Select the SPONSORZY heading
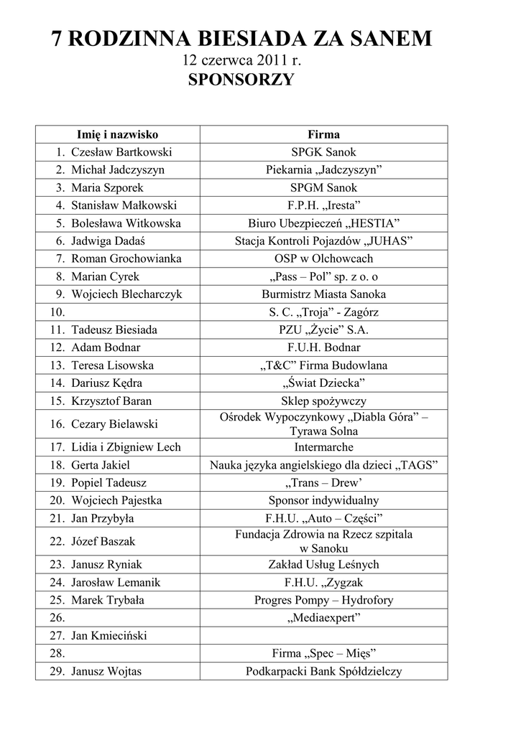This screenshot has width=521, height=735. pyautogui.click(x=241, y=80)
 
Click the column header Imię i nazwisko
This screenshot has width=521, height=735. pyautogui.click(x=118, y=134)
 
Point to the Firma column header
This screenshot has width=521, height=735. pyautogui.click(x=323, y=134)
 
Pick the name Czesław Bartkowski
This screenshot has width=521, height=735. pyautogui.click(x=121, y=152)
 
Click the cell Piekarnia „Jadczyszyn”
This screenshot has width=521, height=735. pyautogui.click(x=323, y=170)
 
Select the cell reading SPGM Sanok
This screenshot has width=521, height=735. pyautogui.click(x=323, y=188)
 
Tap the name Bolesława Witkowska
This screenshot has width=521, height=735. pyautogui.click(x=126, y=223)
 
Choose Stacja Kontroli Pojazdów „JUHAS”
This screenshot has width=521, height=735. pyautogui.click(x=323, y=241)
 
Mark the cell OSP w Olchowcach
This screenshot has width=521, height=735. pyautogui.click(x=323, y=259)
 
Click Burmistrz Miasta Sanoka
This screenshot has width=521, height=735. pyautogui.click(x=323, y=294)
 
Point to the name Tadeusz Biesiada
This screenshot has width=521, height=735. pyautogui.click(x=114, y=330)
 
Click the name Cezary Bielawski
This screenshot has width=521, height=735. pyautogui.click(x=115, y=424)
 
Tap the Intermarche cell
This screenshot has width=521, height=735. pyautogui.click(x=323, y=447)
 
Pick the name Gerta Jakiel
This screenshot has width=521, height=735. pyautogui.click(x=101, y=465)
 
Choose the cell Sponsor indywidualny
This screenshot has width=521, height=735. pyautogui.click(x=323, y=500)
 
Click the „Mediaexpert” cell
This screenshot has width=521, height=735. pyautogui.click(x=323, y=617)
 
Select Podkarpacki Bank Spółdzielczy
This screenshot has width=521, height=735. pyautogui.click(x=323, y=672)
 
